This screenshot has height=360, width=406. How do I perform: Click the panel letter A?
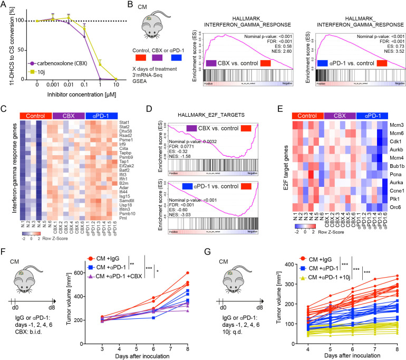pos(4,5)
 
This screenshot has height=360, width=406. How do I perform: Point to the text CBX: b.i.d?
pos(24,349)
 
